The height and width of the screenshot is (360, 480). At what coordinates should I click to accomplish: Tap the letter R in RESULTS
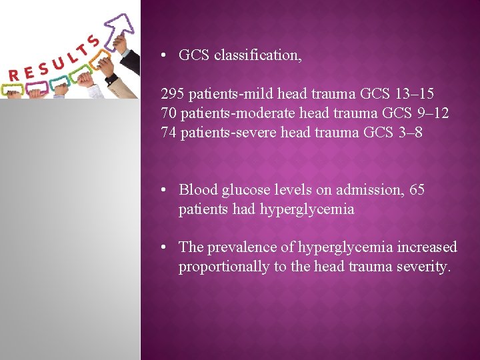pyautogui.click(x=14, y=73)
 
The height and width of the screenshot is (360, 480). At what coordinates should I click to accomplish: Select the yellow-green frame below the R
pyautogui.click(x=13, y=89)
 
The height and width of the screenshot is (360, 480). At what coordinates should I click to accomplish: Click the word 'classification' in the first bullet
pyautogui.click(x=257, y=55)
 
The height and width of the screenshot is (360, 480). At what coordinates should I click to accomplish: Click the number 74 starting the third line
pyautogui.click(x=168, y=133)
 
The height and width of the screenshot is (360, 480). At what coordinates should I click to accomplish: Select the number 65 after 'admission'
pyautogui.click(x=417, y=190)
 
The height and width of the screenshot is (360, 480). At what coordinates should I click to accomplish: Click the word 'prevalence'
pyautogui.click(x=242, y=247)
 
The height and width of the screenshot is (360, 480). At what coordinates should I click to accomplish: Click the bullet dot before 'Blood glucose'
pyautogui.click(x=164, y=191)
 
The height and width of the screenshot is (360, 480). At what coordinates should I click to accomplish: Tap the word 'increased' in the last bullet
pyautogui.click(x=427, y=247)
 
